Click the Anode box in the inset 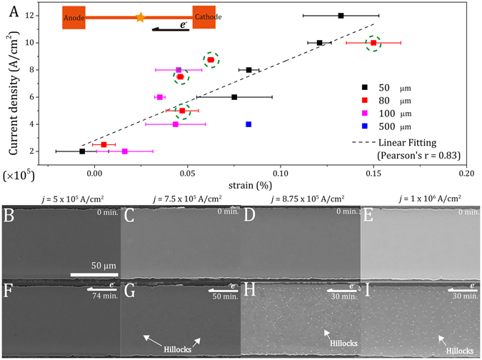(74, 17)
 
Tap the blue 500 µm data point (248, 124)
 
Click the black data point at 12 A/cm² (341, 16)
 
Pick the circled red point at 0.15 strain (373, 43)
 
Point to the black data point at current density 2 (82, 151)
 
